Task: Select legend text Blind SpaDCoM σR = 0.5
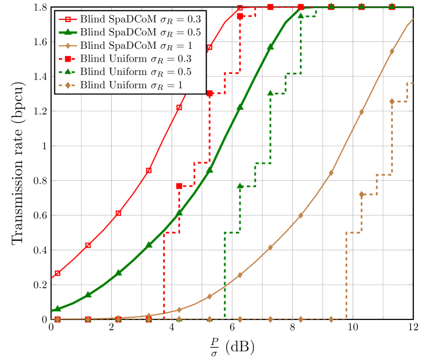point(140,32)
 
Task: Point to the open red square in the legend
point(67,19)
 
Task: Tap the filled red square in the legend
point(67,58)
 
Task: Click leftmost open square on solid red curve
point(57,273)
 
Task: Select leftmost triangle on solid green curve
point(57,308)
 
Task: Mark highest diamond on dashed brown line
point(392,102)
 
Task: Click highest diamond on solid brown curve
point(392,52)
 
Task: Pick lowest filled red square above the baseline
point(179,186)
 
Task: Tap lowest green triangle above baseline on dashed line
point(240,186)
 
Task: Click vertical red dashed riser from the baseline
point(164,277)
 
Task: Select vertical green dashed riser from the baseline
point(225,277)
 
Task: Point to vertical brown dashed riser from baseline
point(346,277)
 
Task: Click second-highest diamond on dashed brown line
point(361,194)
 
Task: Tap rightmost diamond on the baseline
point(331,319)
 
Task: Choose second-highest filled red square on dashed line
point(240,16)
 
